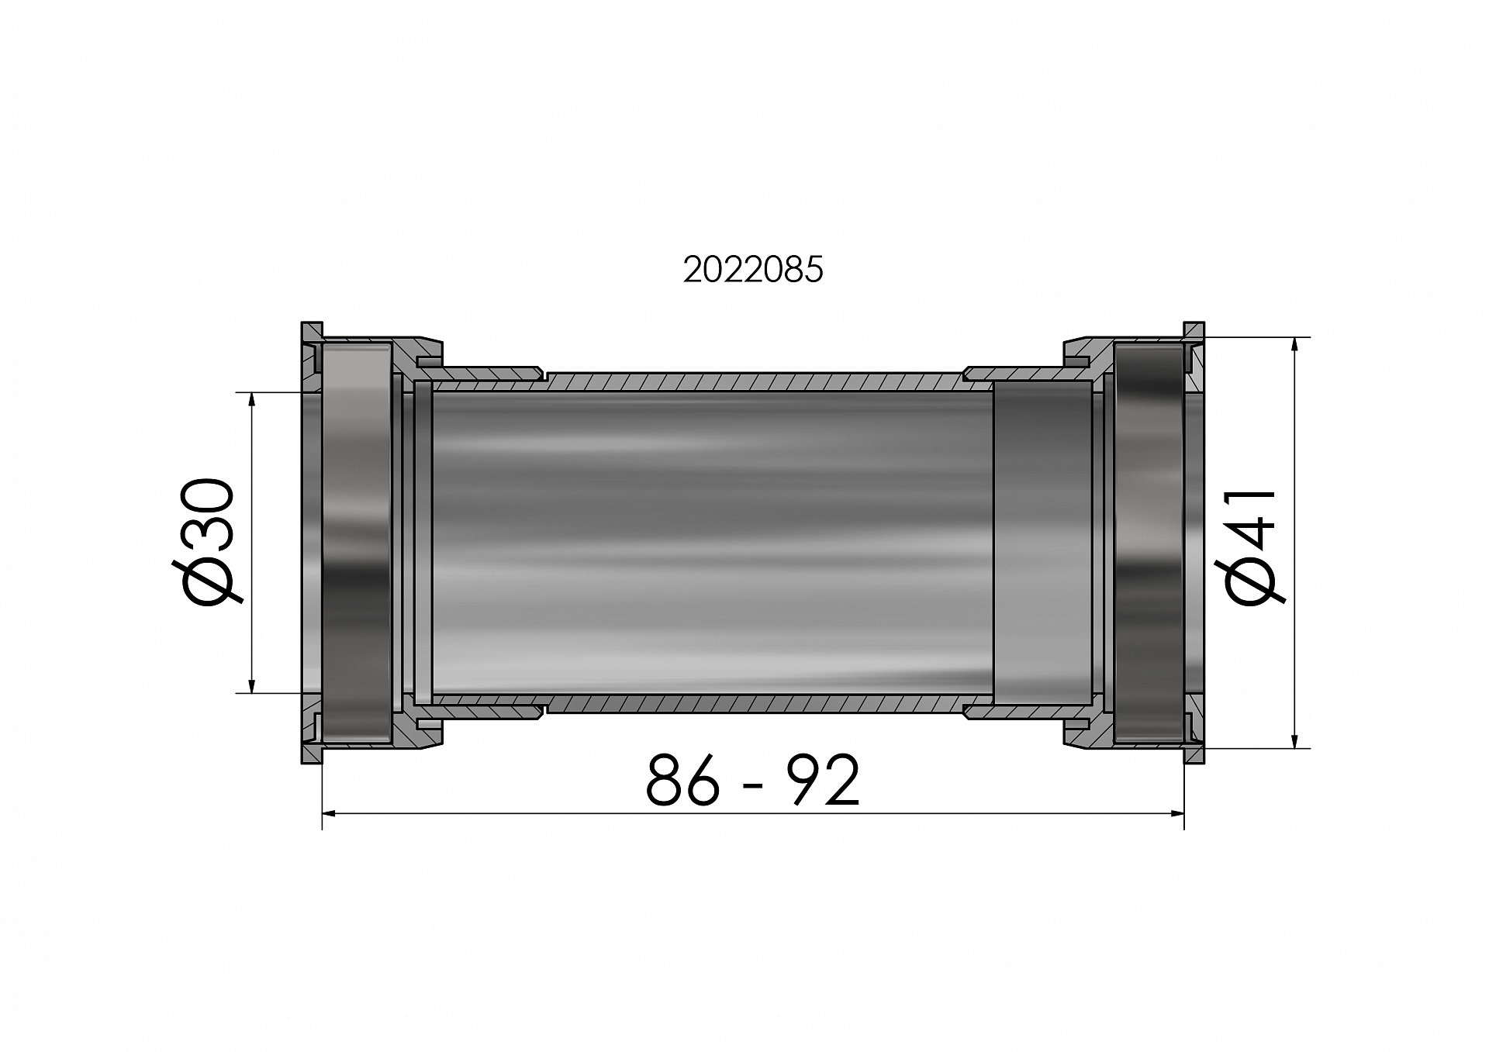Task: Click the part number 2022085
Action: [752, 270]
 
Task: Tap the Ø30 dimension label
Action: [206, 542]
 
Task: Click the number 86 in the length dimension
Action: [682, 780]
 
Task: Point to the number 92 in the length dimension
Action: [823, 780]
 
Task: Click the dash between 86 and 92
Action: [752, 787]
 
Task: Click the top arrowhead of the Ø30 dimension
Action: [251, 400]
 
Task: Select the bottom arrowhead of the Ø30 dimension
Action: [251, 685]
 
